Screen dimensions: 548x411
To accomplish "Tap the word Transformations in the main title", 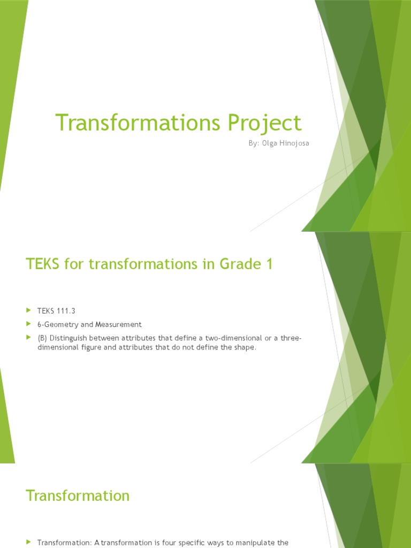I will [136, 123].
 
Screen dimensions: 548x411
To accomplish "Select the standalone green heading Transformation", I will [78, 496].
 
